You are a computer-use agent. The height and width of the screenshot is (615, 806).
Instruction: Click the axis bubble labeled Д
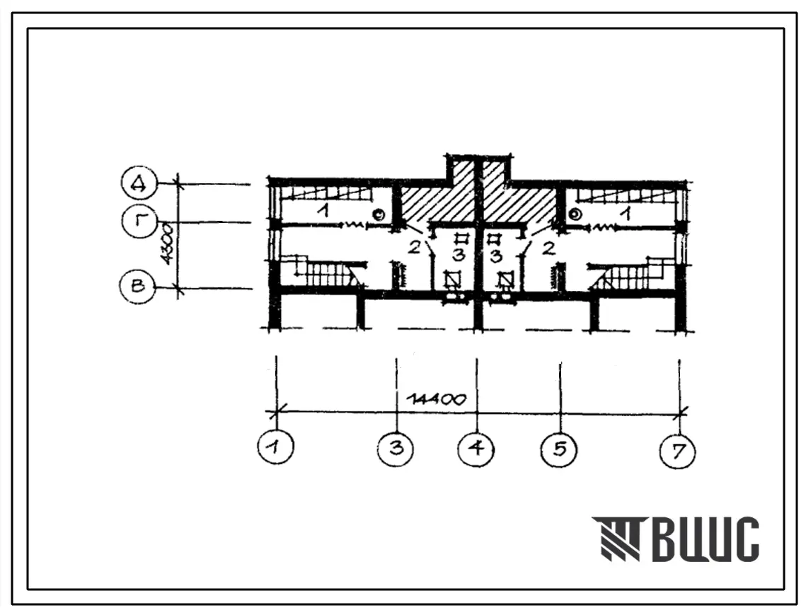[x=140, y=183]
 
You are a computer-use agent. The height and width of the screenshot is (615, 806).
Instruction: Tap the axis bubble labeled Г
[x=140, y=222]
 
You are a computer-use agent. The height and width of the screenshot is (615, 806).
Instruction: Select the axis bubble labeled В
[x=138, y=286]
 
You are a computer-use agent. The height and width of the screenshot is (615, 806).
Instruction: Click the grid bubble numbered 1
[x=276, y=447]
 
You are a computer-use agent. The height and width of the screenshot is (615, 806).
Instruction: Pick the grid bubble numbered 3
[x=396, y=449]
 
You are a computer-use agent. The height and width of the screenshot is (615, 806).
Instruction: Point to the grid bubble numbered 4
[x=476, y=449]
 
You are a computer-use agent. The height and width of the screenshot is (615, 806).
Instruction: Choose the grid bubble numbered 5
[x=559, y=449]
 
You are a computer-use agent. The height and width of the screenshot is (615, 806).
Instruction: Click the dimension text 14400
[x=436, y=399]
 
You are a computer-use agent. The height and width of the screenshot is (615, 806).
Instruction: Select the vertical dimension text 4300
[x=168, y=243]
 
